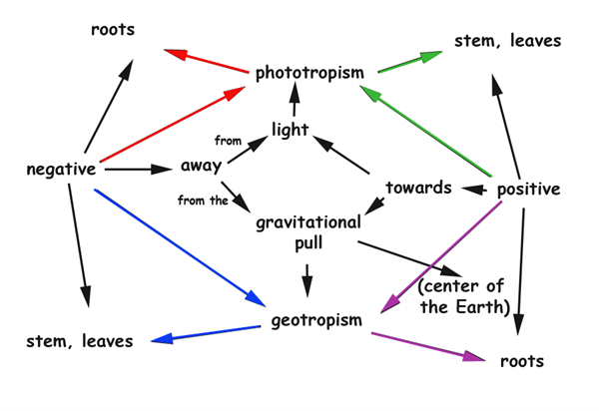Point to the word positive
pos(527,190)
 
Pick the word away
pos(202,165)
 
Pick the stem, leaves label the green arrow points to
pos(507,41)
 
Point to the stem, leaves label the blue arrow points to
pos(80,342)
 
